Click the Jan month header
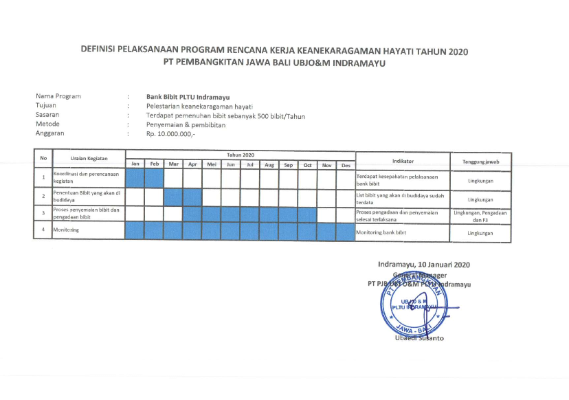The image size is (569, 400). (135, 164)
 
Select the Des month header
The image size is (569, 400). (346, 165)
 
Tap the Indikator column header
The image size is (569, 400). (403, 161)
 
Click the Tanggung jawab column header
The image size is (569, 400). (480, 161)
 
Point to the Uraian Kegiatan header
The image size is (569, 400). (89, 158)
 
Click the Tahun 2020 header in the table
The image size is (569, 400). (241, 155)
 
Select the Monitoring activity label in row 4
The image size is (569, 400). (66, 230)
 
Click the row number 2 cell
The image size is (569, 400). (43, 197)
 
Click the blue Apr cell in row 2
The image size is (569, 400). (192, 197)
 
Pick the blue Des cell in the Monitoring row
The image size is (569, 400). (346, 231)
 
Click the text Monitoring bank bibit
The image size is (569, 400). (381, 233)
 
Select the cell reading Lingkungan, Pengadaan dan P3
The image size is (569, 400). (480, 216)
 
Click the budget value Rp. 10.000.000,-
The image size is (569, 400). (170, 134)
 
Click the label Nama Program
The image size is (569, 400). (58, 96)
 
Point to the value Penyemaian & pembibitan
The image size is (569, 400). (186, 124)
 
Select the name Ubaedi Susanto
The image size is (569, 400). (419, 338)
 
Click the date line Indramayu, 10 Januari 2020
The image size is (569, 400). (424, 265)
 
